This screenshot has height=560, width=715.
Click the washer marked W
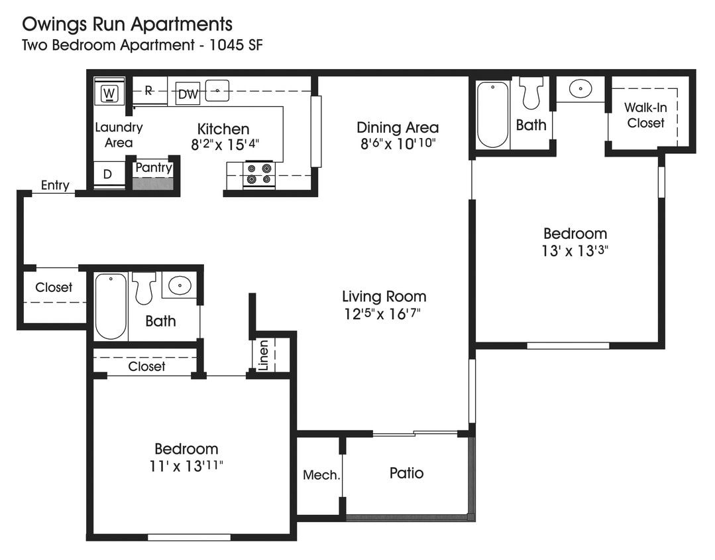pos(110,93)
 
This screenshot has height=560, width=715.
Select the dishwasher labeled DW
pos(188,94)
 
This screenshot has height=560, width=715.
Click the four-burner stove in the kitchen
pos(258,175)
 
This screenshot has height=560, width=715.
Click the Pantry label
pos(154,168)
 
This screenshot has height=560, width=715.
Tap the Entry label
pos(55,185)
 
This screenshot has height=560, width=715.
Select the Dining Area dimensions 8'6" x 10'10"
pos(397,143)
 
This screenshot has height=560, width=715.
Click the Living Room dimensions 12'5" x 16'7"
pos(383,314)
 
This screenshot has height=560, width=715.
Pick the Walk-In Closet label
pos(645,115)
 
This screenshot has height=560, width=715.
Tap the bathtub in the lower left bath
pos(110,307)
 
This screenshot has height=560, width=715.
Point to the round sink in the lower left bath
pos(179,286)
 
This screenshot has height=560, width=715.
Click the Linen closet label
pos(264,355)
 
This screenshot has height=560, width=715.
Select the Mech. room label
pos(321,475)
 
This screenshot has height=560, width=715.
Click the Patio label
pos(406,473)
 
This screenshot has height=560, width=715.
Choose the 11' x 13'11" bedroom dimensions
pos(186,466)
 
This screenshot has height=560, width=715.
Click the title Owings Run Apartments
pos(127,25)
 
